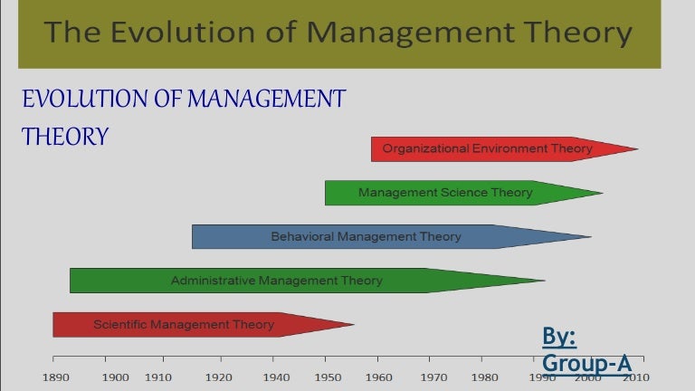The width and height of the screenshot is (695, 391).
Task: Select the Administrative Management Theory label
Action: click(x=276, y=281)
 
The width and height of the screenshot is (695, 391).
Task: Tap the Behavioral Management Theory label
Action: click(x=366, y=237)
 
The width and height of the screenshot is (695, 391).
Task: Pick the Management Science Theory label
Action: click(x=445, y=193)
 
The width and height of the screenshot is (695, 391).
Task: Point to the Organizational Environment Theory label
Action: click(x=487, y=148)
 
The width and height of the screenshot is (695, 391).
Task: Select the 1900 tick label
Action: click(x=116, y=377)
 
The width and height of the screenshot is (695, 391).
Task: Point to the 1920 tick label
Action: click(x=220, y=377)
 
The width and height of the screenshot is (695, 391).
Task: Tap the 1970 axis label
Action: click(x=433, y=377)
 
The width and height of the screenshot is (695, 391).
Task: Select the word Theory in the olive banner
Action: click(x=564, y=33)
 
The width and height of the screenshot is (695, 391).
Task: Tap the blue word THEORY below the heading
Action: click(x=65, y=137)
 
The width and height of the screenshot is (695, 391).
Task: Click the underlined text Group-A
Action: click(x=586, y=364)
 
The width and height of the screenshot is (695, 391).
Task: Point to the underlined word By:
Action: click(x=559, y=337)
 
